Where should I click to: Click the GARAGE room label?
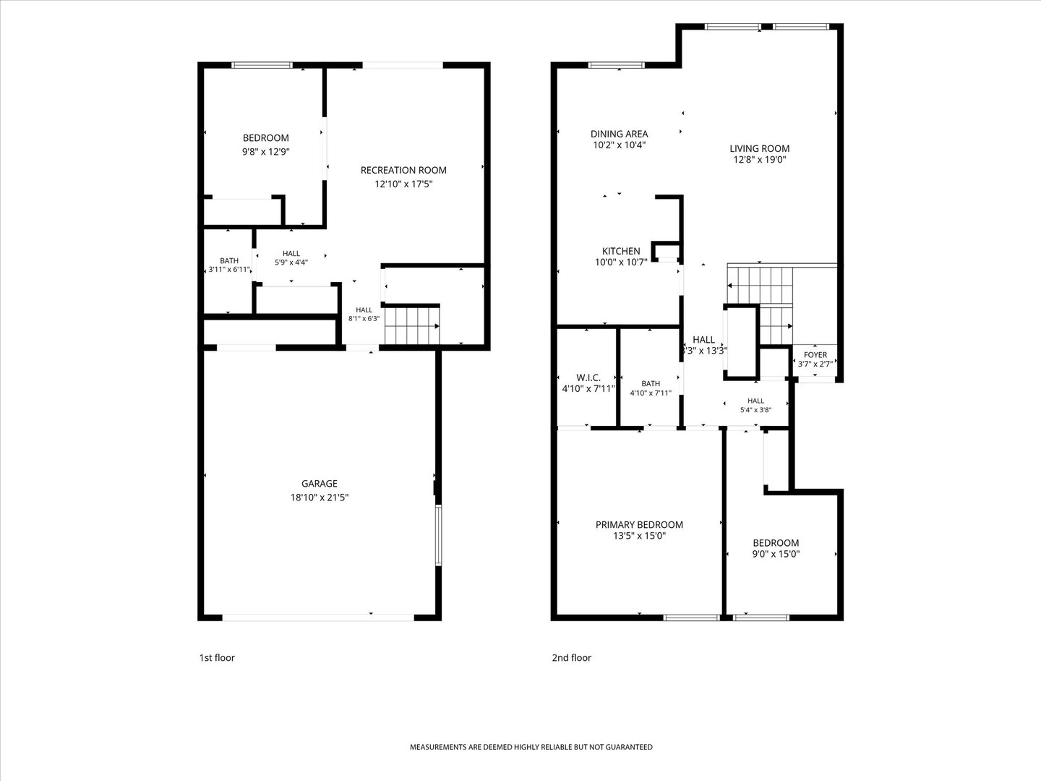(320, 483)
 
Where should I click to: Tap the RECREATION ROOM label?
(403, 170)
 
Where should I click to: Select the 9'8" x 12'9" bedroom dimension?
(265, 152)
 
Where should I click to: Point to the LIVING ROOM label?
(759, 148)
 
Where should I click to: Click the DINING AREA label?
(619, 135)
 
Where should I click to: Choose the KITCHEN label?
(621, 251)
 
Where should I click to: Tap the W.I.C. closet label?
(588, 377)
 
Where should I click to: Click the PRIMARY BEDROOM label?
(639, 524)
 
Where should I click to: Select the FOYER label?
(815, 354)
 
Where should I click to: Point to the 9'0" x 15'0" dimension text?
(776, 554)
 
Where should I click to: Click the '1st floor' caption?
(217, 658)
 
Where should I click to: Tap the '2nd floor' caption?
(572, 658)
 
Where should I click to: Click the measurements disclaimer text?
(531, 747)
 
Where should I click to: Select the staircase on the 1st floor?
(411, 325)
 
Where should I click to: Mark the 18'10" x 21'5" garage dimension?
(320, 498)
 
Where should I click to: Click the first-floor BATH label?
(229, 260)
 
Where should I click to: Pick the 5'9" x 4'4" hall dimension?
(291, 263)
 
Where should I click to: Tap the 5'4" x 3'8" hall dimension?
(755, 410)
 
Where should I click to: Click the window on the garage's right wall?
(439, 535)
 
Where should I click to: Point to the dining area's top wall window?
(616, 65)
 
